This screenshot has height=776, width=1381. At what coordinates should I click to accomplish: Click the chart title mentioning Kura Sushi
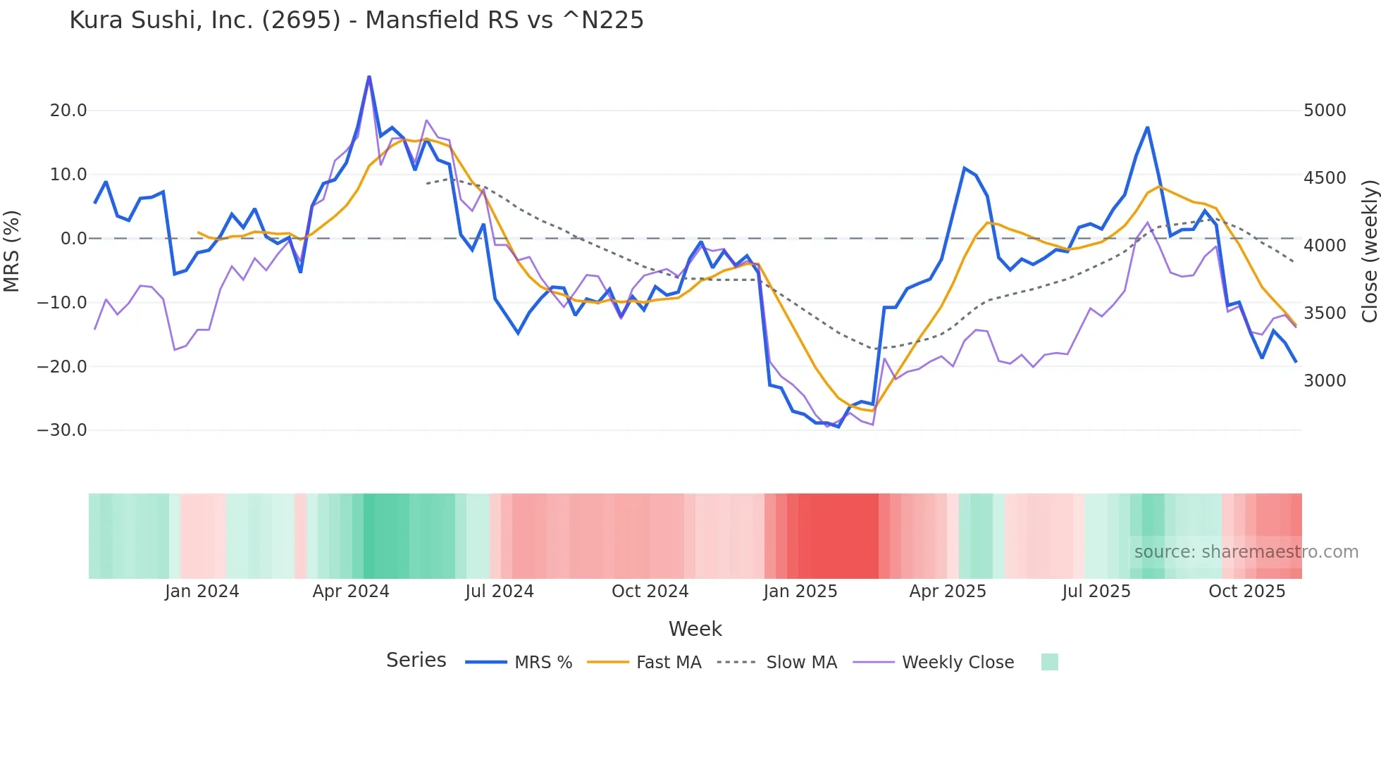coord(357,20)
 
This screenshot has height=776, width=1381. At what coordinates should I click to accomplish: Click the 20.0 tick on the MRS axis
coord(68,111)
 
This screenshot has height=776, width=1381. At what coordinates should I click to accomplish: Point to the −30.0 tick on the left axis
coord(62,430)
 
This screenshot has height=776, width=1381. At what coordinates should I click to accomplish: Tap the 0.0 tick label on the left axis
coord(74,239)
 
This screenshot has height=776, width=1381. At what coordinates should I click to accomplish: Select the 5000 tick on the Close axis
coord(1325,111)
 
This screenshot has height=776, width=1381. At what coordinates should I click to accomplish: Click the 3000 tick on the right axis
coord(1325,381)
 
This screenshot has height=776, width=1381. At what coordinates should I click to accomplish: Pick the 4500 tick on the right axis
coord(1325,178)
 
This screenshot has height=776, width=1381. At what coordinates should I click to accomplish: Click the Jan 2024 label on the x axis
coord(202,592)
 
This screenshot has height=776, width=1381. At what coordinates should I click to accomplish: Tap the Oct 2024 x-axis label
coord(650,592)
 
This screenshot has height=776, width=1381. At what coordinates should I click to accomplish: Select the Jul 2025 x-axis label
coord(1096,592)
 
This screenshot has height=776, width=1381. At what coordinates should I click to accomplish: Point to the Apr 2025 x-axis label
coord(948,592)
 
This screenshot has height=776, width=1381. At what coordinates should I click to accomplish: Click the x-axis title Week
coord(695,629)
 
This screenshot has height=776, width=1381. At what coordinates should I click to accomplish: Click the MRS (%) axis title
coord(12,251)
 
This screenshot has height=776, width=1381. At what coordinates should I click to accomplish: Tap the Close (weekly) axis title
coord(1369,251)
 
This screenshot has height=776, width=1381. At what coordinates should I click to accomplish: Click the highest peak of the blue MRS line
coord(369,77)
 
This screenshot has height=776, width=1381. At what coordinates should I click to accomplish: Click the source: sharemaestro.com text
coord(1246,552)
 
